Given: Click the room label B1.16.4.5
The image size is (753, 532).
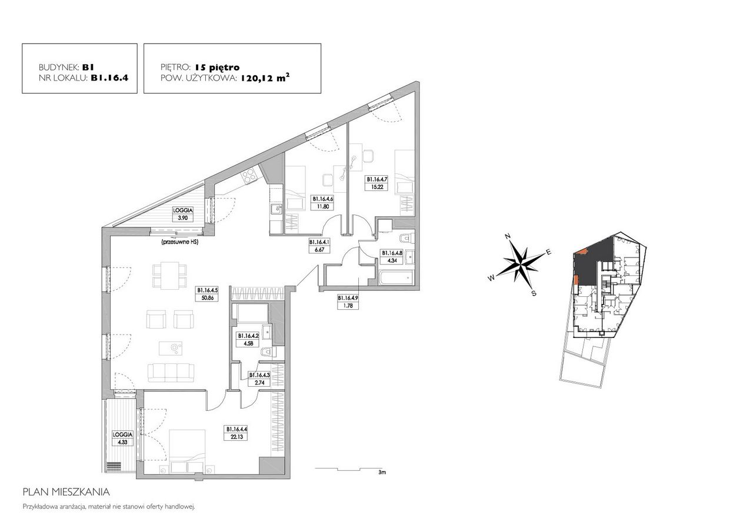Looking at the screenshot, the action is pyautogui.click(x=208, y=290).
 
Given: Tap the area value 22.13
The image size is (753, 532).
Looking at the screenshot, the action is pyautogui.click(x=236, y=437).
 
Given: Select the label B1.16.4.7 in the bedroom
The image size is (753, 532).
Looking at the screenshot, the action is pyautogui.click(x=376, y=180).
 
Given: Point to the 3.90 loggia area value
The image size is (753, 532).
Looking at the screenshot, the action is pyautogui.click(x=183, y=218).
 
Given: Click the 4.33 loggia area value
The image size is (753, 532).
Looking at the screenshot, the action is pyautogui.click(x=123, y=442).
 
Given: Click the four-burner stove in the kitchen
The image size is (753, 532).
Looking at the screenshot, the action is pyautogui.click(x=249, y=175).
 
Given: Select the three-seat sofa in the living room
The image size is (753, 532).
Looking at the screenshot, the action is pyautogui.click(x=171, y=372).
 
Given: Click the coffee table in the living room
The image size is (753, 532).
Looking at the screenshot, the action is pyautogui.click(x=171, y=348).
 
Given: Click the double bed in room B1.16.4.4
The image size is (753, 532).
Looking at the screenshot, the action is pyautogui.click(x=187, y=450).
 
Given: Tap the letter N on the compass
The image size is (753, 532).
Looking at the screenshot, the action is pyautogui.click(x=508, y=236).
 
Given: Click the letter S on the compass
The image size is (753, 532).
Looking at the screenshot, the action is pyautogui.click(x=534, y=293).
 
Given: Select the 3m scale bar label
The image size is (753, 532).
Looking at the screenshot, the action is pyautogui.click(x=382, y=472).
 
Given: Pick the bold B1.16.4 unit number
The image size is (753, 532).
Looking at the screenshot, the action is pyautogui.click(x=109, y=78).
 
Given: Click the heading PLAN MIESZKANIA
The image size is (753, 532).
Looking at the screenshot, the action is pyautogui.click(x=66, y=493).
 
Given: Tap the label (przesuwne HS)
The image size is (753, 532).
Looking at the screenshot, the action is pyautogui.click(x=180, y=242).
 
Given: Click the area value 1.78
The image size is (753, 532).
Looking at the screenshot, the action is pyautogui.click(x=348, y=306).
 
